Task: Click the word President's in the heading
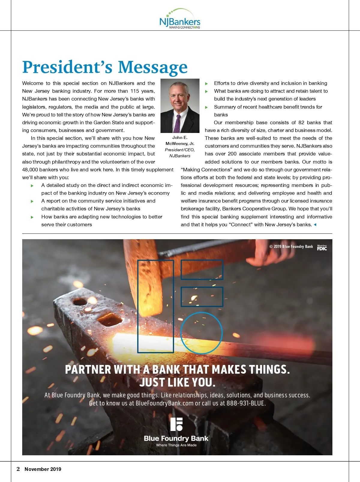click(68, 67)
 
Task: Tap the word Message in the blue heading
click(153, 67)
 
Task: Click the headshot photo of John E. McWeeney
click(180, 106)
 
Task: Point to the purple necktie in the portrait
click(177, 123)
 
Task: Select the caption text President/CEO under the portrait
click(180, 150)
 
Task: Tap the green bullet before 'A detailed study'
click(32, 186)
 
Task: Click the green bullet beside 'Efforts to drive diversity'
click(206, 83)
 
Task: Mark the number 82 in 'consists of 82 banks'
click(301, 122)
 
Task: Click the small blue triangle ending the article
click(315, 224)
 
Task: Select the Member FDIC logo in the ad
click(322, 247)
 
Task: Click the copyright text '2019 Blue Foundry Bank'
click(293, 246)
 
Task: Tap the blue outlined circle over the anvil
click(202, 333)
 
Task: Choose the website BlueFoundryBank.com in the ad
click(164, 403)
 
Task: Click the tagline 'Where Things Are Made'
click(176, 445)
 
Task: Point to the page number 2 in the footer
click(18, 469)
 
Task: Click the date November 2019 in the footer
click(43, 469)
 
